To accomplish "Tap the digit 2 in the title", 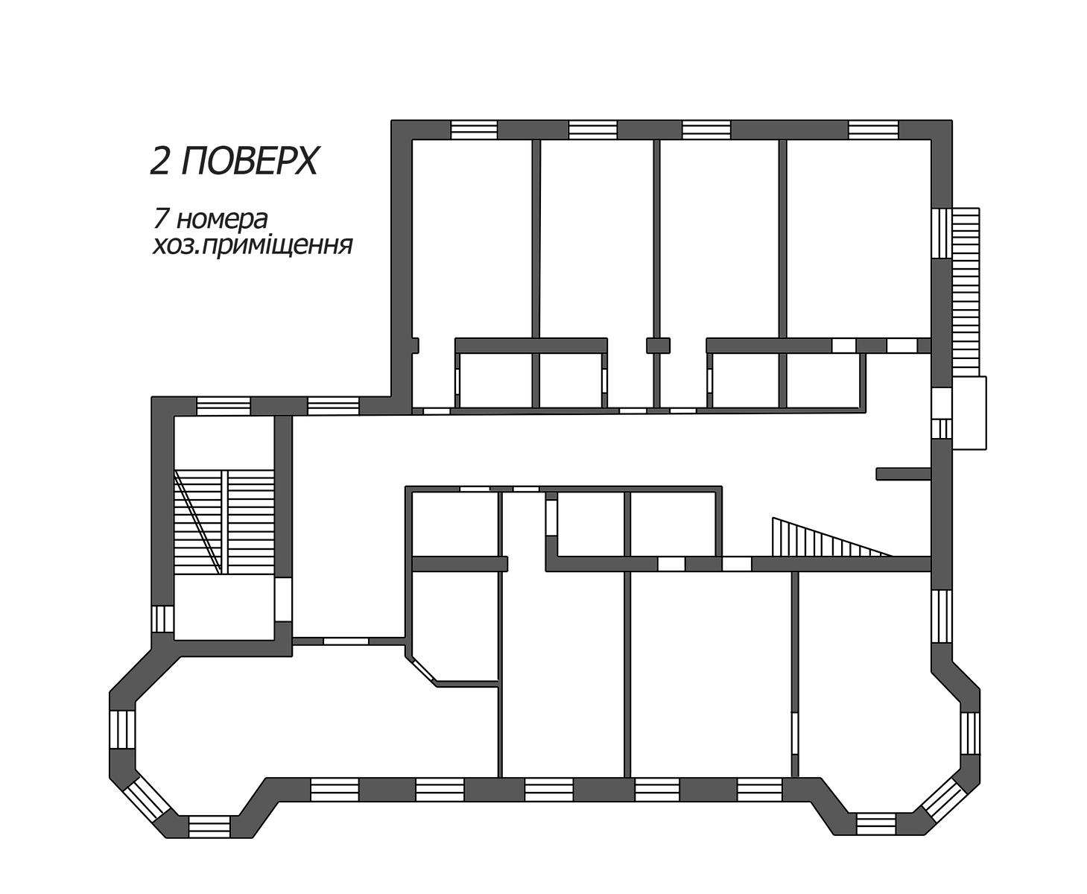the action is tap(160, 161).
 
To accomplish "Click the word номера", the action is tap(221, 221).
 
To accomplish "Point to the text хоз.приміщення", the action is tap(252, 247).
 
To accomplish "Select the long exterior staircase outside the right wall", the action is tap(965, 291).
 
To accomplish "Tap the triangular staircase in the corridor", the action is tap(831, 536).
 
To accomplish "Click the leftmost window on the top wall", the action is tap(474, 130).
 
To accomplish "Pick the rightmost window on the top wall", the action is tap(874, 130).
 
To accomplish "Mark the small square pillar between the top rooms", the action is tap(658, 345).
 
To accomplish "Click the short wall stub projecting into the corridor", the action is tap(904, 474).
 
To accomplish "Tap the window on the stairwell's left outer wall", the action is tap(162, 618).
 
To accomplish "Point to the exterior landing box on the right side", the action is tap(969, 413).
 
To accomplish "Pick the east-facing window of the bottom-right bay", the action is tap(970, 735).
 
